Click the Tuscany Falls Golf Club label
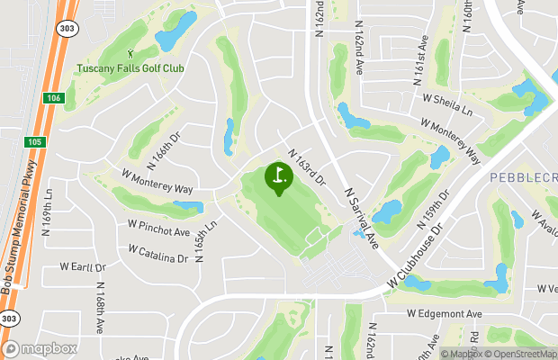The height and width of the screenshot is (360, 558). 131,68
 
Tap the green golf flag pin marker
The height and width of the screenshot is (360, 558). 278,175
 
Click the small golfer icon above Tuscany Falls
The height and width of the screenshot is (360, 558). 131,55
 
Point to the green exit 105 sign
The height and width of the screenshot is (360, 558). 33,141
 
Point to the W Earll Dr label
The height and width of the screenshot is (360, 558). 83,267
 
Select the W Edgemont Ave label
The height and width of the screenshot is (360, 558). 445,313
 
